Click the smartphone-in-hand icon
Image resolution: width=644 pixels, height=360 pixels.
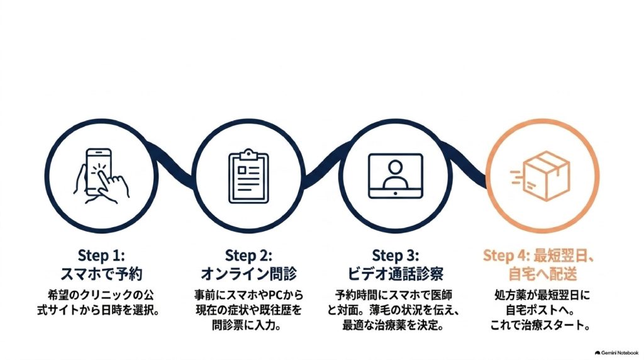pos(101,176)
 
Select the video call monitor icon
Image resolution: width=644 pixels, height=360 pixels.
pos(396,176)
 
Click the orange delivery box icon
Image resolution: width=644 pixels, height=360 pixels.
pos(540,176)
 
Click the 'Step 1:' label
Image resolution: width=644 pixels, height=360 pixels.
pos(101,256)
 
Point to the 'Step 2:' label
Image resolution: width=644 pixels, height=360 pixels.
pos(248,256)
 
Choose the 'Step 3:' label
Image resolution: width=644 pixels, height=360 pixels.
pos(396,256)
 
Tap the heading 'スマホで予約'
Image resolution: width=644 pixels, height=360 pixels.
pos(101,274)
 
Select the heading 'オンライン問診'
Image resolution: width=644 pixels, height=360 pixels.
pos(248,274)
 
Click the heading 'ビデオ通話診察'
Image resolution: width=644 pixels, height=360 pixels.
pos(396,274)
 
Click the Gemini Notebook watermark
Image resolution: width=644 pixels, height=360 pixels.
pos(616,352)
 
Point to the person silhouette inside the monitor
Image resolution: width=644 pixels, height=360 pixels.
pos(395,174)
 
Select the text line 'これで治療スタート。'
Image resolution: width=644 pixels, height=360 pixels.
pos(541,325)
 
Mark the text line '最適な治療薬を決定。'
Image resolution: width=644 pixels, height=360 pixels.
pos(394,325)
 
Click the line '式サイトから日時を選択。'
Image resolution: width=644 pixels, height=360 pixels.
pos(99,310)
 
